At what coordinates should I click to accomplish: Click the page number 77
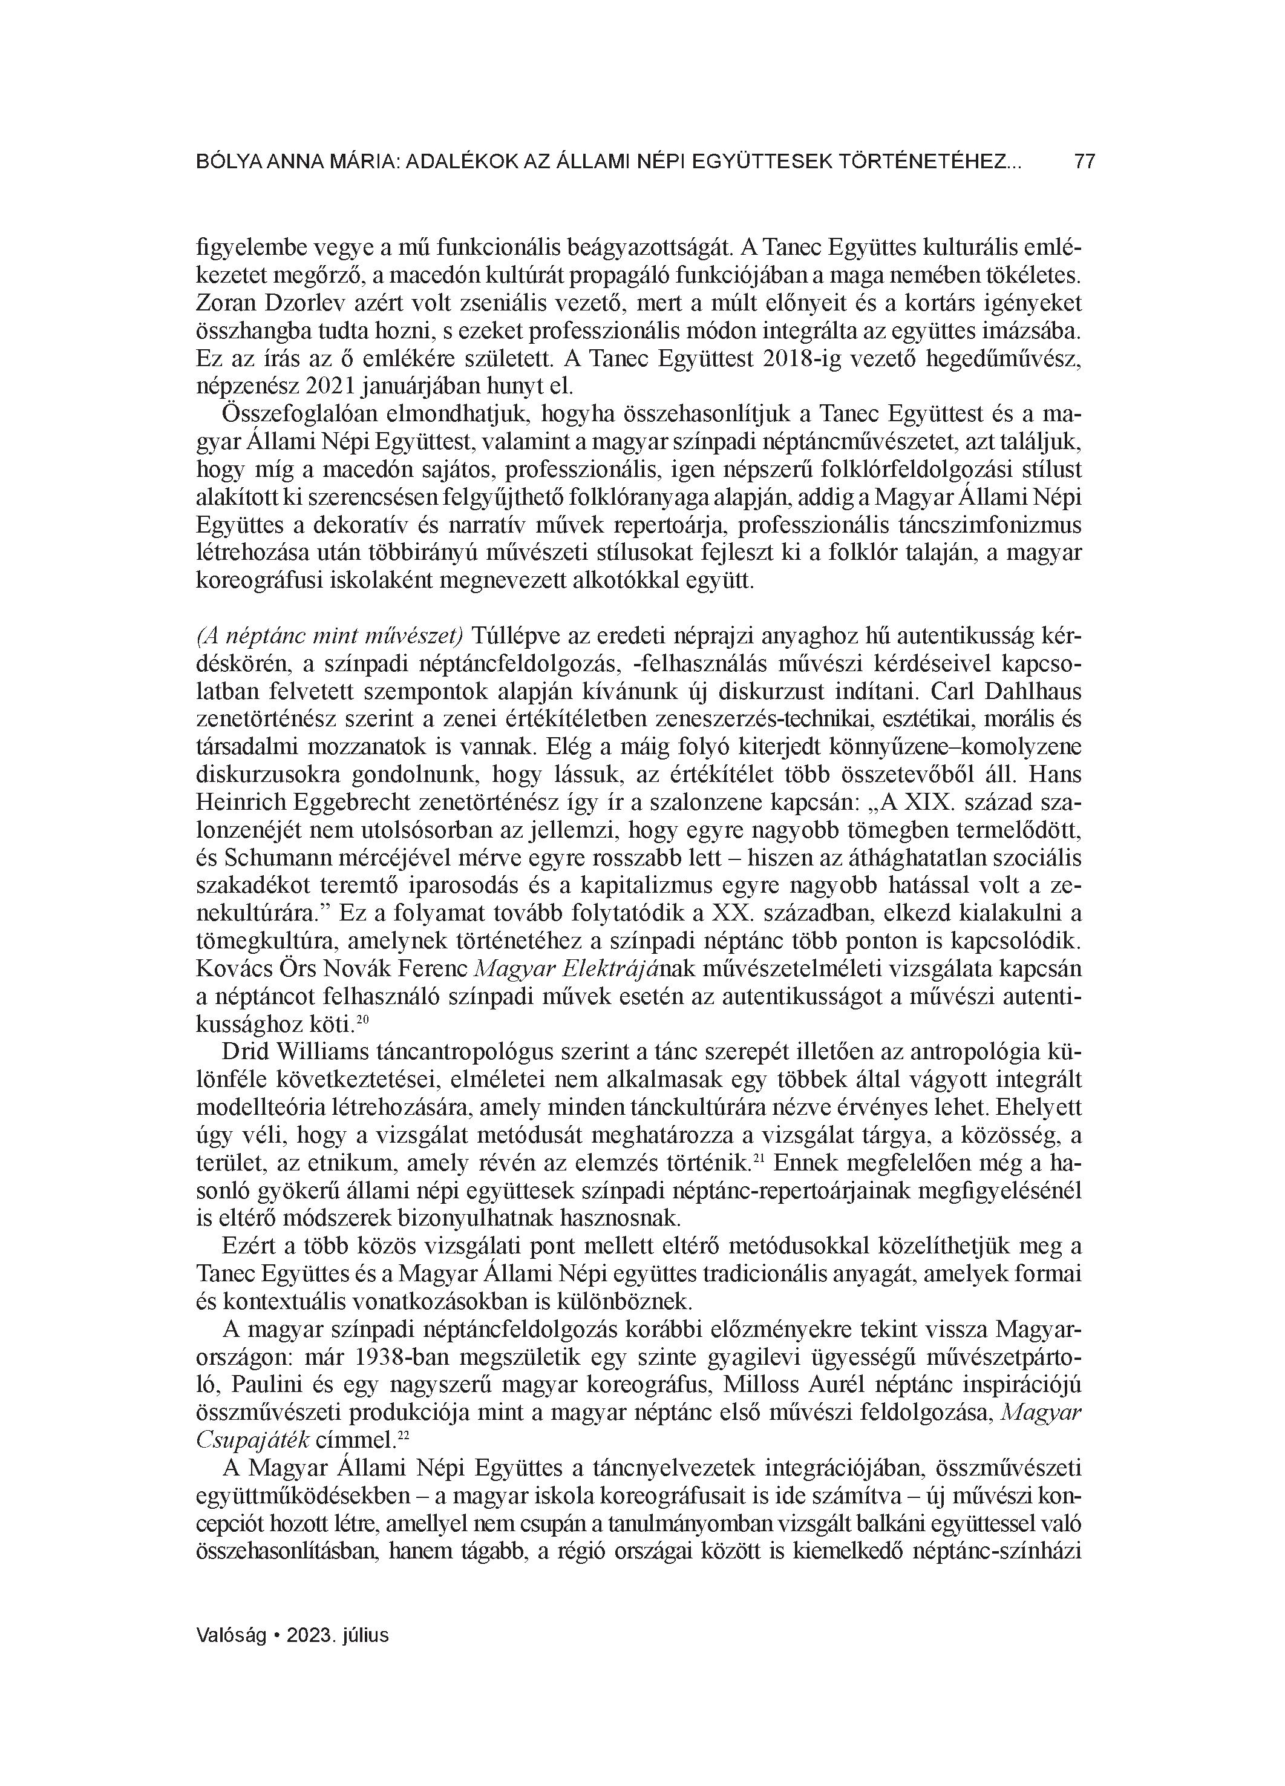(x=1084, y=162)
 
